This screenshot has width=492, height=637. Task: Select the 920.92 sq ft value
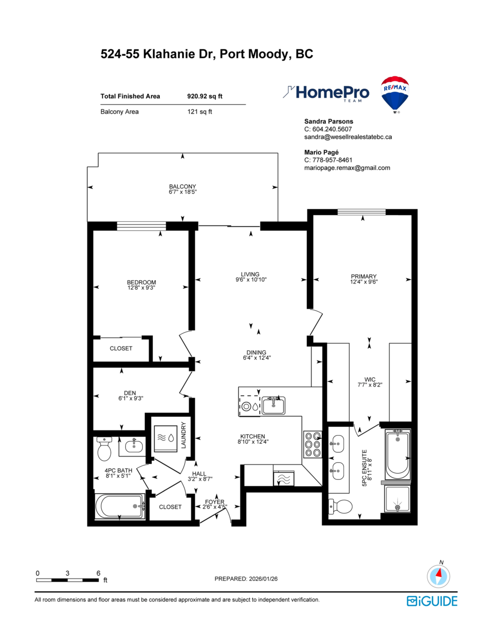(205, 97)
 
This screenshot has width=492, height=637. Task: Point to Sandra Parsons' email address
(348, 137)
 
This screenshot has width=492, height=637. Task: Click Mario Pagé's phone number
(328, 160)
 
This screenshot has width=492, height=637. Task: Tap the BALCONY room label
(182, 186)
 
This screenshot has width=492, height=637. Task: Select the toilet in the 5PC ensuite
(342, 507)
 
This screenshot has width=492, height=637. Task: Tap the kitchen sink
(273, 406)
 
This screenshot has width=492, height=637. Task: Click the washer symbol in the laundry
(165, 438)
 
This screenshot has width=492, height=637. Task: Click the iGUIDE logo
(431, 601)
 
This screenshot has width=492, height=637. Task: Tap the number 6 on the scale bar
(98, 573)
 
